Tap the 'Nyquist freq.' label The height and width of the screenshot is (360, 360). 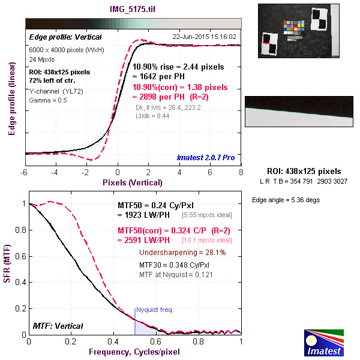155,310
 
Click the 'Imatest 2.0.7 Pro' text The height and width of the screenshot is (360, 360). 206,158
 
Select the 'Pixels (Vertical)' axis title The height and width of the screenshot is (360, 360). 132,182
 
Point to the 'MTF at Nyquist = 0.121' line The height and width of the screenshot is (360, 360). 176,274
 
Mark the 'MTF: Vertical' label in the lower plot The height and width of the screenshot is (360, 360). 58,326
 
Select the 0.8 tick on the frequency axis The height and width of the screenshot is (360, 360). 199,341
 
